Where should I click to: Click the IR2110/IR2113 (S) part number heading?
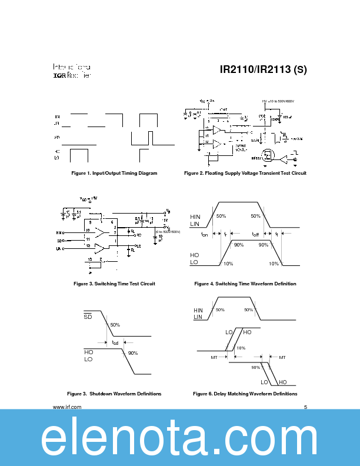coord(263,69)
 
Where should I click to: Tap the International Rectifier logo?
coord(72,71)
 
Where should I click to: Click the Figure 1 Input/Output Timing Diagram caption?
coord(114,174)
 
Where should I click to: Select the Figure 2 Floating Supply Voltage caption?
coord(245,174)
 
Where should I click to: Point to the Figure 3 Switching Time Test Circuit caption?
coord(114,284)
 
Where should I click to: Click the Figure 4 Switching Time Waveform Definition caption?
coord(245,284)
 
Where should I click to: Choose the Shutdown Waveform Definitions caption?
coord(114,394)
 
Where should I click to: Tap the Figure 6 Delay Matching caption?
coord(245,394)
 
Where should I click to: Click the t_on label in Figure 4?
coord(204,234)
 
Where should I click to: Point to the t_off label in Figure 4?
coord(255,234)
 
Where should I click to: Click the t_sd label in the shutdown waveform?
coord(115,342)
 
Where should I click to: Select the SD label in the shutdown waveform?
coord(88,316)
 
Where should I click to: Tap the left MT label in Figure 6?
coord(214,357)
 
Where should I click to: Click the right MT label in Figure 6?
coord(282,357)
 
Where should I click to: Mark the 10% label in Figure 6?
coord(241,348)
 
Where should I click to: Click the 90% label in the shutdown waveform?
coord(132,353)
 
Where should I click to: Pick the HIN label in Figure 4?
coord(195,217)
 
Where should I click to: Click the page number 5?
coord(305,407)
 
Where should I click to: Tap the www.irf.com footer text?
coord(66,407)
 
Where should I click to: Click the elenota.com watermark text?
coord(180,438)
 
